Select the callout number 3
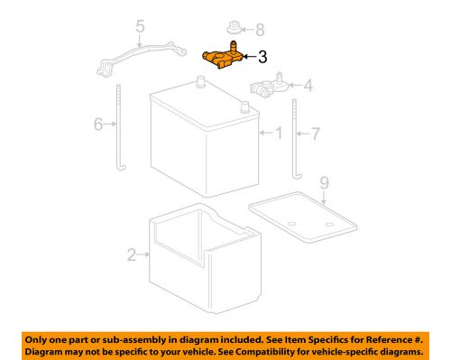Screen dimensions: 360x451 click(262, 58)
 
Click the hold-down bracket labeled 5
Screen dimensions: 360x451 click(135, 60)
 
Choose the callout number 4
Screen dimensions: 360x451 click(308, 87)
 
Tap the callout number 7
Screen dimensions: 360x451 click(316, 134)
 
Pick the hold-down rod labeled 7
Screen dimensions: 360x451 click(295, 135)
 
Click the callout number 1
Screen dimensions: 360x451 click(277, 134)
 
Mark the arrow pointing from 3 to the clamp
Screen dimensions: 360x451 click(250, 58)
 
